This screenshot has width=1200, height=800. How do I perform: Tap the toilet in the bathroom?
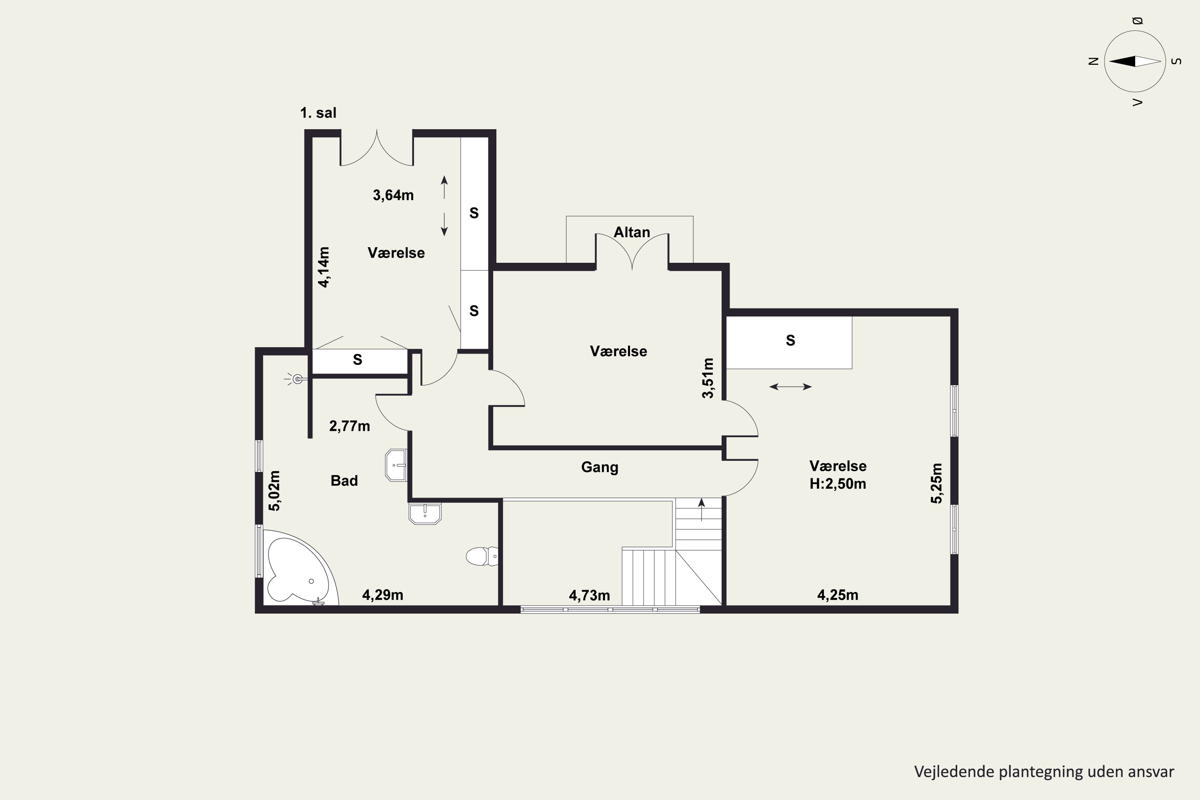tap(482, 556)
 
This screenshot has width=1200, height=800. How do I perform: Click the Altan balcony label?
tap(632, 232)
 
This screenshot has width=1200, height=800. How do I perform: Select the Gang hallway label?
tap(600, 467)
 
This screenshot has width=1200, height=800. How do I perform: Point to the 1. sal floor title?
tap(318, 113)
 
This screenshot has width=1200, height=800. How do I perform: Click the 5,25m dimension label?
tap(936, 483)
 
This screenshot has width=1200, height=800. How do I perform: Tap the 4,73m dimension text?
tap(589, 596)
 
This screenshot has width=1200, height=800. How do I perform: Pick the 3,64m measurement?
tap(393, 195)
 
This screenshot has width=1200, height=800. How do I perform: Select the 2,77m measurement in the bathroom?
tap(350, 426)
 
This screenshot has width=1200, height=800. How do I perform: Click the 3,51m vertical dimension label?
tap(708, 378)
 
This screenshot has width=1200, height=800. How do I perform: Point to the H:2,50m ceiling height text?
tap(838, 484)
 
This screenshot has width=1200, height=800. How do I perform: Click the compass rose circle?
tap(1135, 61)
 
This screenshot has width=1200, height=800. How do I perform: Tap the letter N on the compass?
tap(1093, 61)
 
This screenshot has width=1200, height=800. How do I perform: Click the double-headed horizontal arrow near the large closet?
tap(790, 387)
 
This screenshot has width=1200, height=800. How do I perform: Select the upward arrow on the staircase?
tap(702, 510)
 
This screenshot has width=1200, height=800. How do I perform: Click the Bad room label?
tap(344, 481)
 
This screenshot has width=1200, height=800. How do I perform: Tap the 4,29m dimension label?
tap(383, 595)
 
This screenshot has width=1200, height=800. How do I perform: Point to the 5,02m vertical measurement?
tap(274, 490)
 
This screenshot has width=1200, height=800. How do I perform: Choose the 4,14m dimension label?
tap(324, 267)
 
